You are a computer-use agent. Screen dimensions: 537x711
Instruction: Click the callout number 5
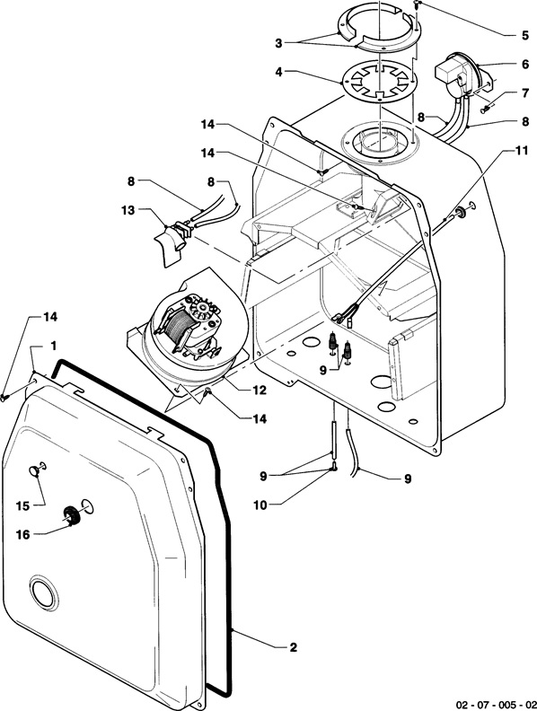[x=524, y=35]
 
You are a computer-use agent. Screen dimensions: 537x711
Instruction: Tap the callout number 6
[x=524, y=65]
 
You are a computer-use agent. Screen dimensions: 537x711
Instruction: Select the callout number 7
[x=524, y=93]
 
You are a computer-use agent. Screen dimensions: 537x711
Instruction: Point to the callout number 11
[x=522, y=150]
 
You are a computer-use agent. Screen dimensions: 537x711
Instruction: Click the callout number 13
[x=128, y=210]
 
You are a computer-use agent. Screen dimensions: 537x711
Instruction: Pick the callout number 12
[x=260, y=390]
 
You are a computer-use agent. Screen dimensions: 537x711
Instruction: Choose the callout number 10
[x=260, y=505]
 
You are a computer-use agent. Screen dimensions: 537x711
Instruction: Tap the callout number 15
[x=22, y=505]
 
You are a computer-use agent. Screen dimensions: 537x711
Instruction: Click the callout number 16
[x=22, y=535]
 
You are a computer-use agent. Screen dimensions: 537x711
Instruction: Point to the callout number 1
[x=54, y=346]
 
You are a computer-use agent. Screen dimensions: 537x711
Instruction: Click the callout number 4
[x=279, y=72]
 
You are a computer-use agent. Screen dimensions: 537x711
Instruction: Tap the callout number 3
[x=278, y=43]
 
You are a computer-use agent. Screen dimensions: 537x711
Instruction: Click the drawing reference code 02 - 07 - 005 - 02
[x=496, y=704]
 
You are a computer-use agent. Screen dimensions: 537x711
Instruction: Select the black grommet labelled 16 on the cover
[x=71, y=514]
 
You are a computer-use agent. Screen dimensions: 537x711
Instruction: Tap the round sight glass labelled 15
[x=35, y=470]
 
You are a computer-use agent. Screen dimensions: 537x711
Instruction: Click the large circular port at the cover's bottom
[x=44, y=592]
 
